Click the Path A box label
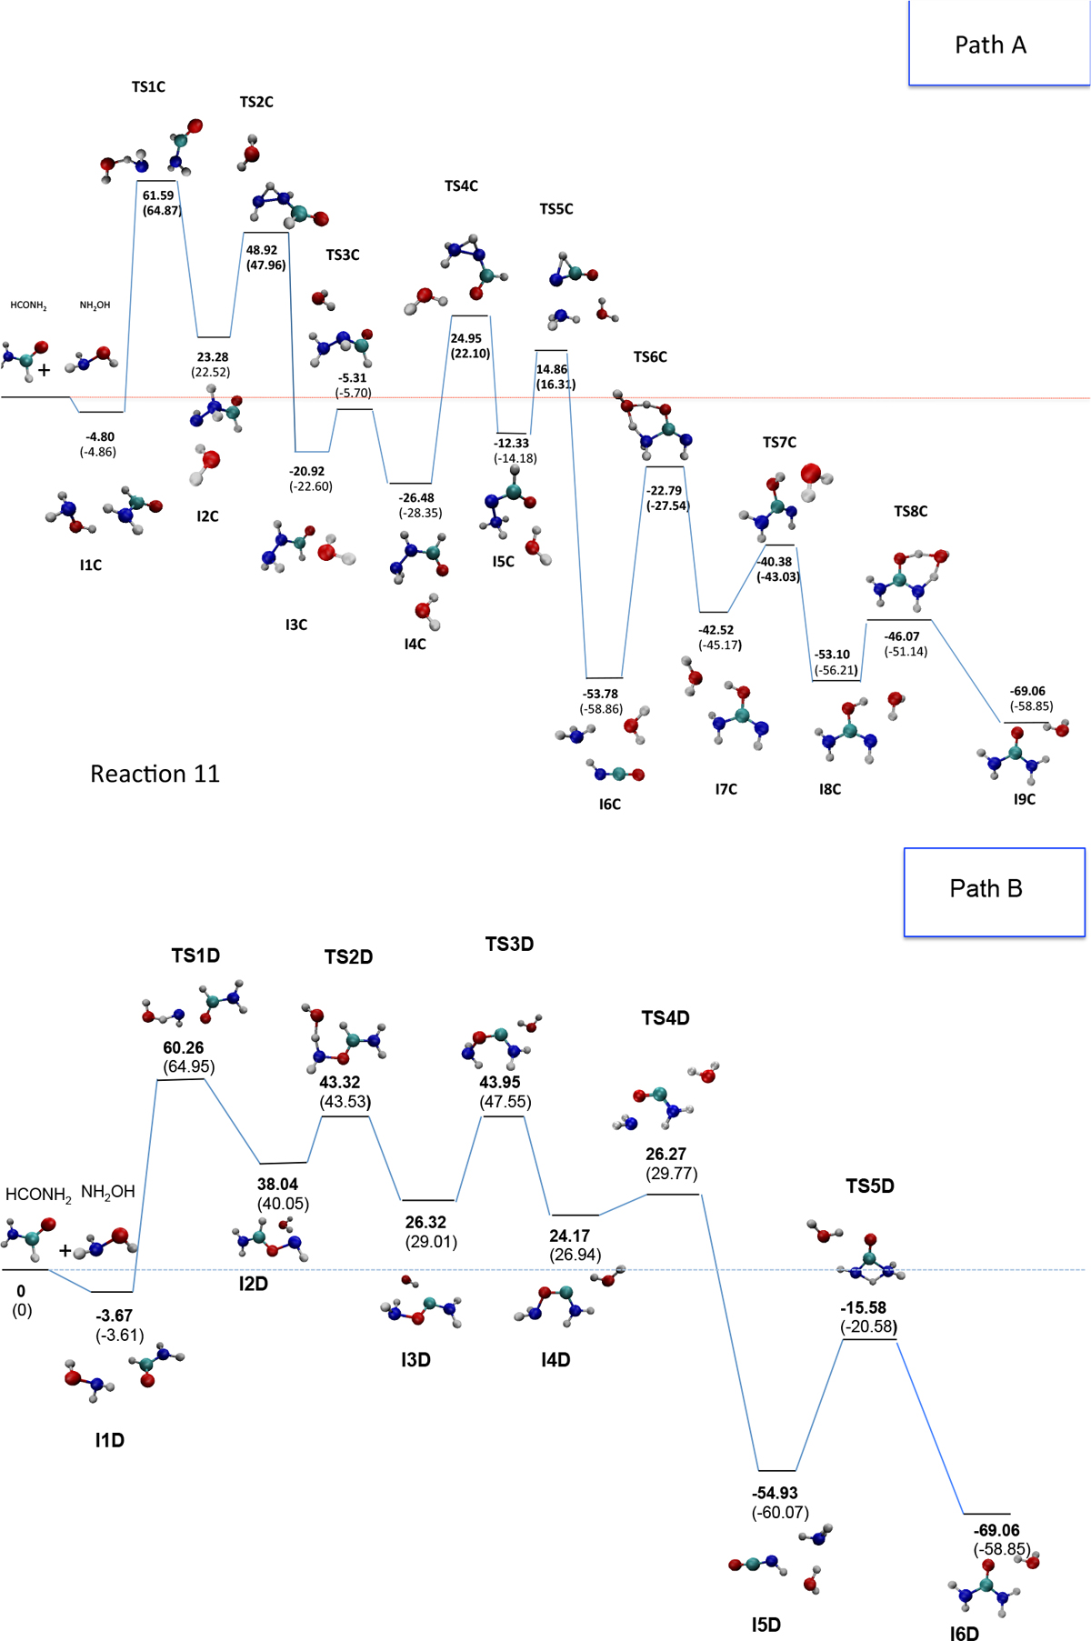click(x=990, y=45)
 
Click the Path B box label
click(x=986, y=888)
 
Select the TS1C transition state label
click(x=148, y=87)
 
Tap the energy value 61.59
click(x=158, y=195)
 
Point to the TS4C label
click(x=461, y=186)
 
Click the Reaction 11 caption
click(x=155, y=774)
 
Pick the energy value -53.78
click(x=601, y=694)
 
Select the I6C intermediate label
click(x=609, y=805)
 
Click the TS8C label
click(x=910, y=512)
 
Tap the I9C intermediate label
click(x=1024, y=799)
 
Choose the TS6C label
click(x=650, y=357)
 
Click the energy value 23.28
click(x=213, y=357)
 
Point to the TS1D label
click(x=195, y=956)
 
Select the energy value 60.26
click(x=184, y=1047)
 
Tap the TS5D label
click(x=870, y=1186)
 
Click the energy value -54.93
click(x=775, y=1493)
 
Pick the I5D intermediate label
click(x=766, y=1625)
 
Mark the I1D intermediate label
click(x=109, y=1440)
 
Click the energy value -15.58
click(x=863, y=1307)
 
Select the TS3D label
click(x=509, y=945)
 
